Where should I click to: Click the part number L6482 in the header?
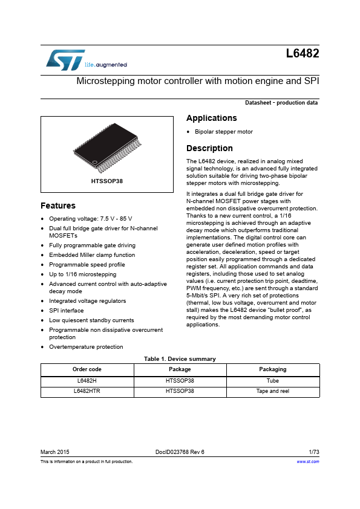(302, 54)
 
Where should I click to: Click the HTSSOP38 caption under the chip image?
(107, 181)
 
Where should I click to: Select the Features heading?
(58, 206)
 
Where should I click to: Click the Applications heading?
(211, 118)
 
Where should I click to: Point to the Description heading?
(209, 148)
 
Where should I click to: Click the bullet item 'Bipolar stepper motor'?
(223, 132)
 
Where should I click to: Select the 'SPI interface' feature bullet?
(67, 310)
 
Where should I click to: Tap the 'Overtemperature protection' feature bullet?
(86, 346)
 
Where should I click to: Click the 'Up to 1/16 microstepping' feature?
(82, 274)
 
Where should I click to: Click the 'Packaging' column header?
(272, 369)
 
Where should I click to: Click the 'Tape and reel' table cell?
(272, 391)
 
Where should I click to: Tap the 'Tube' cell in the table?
(272, 381)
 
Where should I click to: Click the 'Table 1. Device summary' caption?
(180, 358)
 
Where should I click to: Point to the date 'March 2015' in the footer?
(55, 452)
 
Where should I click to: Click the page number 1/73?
(313, 452)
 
